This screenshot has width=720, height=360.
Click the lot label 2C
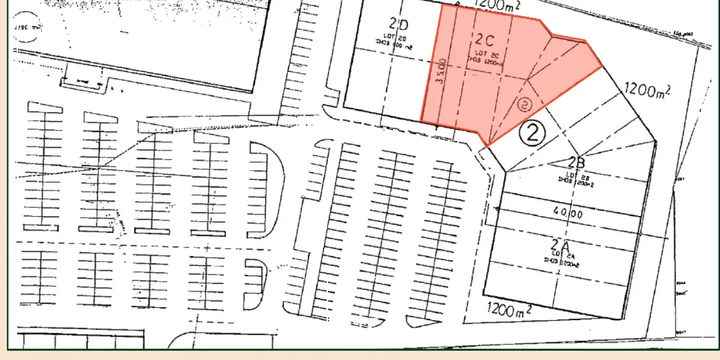click(485, 39)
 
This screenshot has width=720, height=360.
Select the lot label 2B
click(577, 162)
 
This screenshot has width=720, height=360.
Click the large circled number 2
click(533, 134)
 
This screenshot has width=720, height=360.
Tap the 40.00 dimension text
click(568, 214)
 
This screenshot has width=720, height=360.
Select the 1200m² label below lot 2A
click(509, 310)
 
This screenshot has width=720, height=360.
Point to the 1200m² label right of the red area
click(646, 90)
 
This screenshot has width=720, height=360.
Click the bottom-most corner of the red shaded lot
click(488, 145)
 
